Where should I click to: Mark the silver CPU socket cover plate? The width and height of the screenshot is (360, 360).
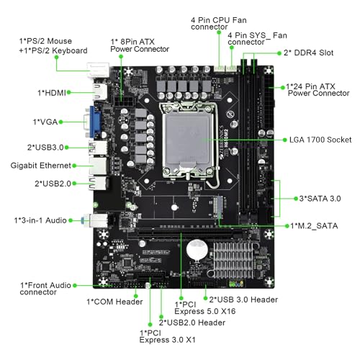pyautogui.click(x=188, y=141)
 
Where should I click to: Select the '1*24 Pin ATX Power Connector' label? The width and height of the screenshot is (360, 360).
pyautogui.click(x=318, y=89)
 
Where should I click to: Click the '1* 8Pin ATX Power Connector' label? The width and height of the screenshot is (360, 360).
pyautogui.click(x=140, y=45)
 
